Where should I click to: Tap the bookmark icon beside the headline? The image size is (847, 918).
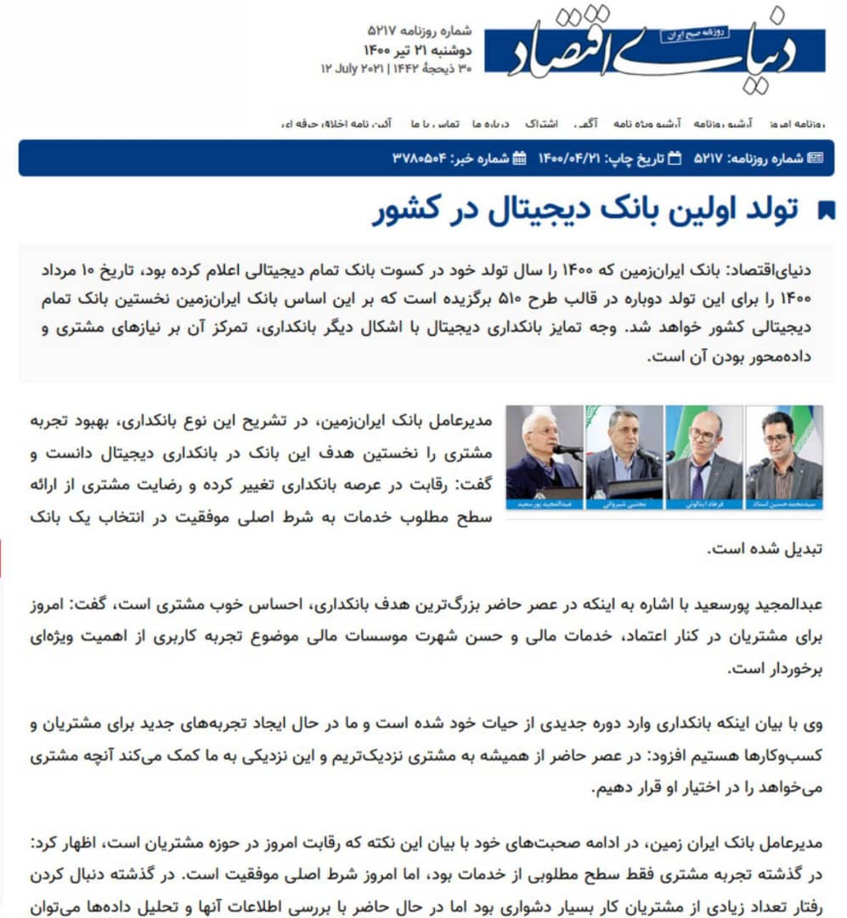pos(825,211)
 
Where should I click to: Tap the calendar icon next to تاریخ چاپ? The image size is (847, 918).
pos(675,158)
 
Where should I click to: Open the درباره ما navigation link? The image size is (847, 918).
pos(489,124)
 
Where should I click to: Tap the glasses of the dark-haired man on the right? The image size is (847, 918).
pos(776,439)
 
